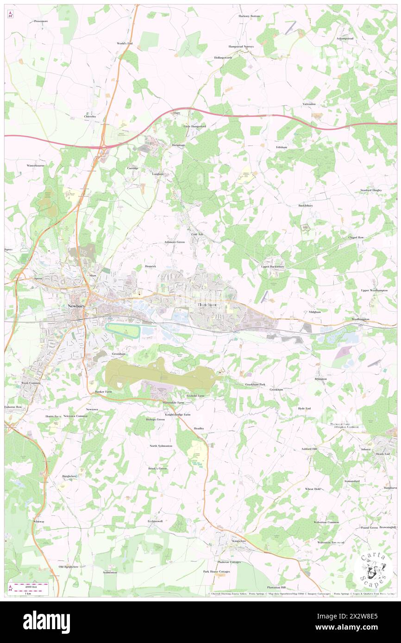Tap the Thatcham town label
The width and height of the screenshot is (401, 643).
[207, 305]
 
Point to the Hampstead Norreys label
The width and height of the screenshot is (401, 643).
[241, 47]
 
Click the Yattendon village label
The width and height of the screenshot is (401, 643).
[309, 104]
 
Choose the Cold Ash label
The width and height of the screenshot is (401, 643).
[197, 235]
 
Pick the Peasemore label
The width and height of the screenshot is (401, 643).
[41, 21]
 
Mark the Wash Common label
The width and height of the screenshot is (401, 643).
[31, 383]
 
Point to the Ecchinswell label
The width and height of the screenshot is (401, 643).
[155, 521]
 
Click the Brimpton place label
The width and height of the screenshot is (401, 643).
[320, 379]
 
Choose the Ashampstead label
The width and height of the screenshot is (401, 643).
[345, 38]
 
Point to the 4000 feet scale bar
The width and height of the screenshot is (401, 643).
[31, 587]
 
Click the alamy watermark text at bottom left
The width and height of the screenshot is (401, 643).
[46, 621]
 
